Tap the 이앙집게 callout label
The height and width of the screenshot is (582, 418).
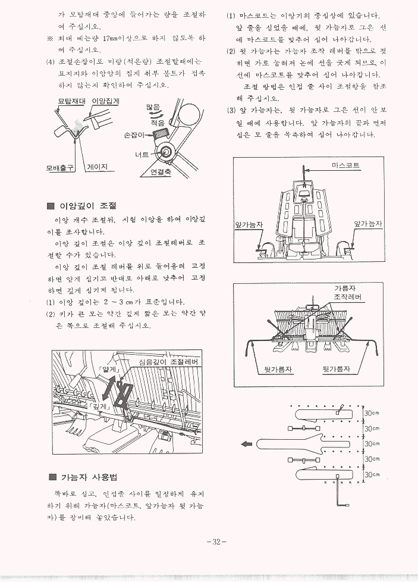[x=106, y=102]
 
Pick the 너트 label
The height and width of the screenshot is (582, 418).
[x=142, y=155]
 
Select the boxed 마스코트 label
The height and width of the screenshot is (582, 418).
[x=345, y=165]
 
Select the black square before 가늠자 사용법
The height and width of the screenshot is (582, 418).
[x=52, y=477]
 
